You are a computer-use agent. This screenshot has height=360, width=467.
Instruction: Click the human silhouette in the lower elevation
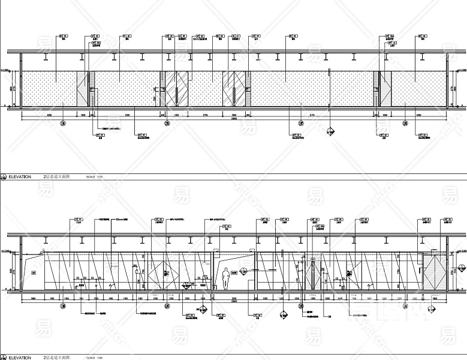(x=225, y=278)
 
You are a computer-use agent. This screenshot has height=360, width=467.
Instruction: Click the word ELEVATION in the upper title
(x=20, y=178)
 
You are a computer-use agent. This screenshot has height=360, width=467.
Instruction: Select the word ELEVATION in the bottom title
(x=20, y=358)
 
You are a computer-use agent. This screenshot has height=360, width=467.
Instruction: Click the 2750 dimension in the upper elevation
(x=204, y=114)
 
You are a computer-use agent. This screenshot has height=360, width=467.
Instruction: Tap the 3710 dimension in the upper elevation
(x=296, y=114)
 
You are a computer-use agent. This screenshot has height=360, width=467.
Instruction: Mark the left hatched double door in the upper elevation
(x=176, y=89)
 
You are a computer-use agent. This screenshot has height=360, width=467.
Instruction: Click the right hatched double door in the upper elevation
(x=236, y=89)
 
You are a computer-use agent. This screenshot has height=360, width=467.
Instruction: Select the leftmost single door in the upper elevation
(x=83, y=89)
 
